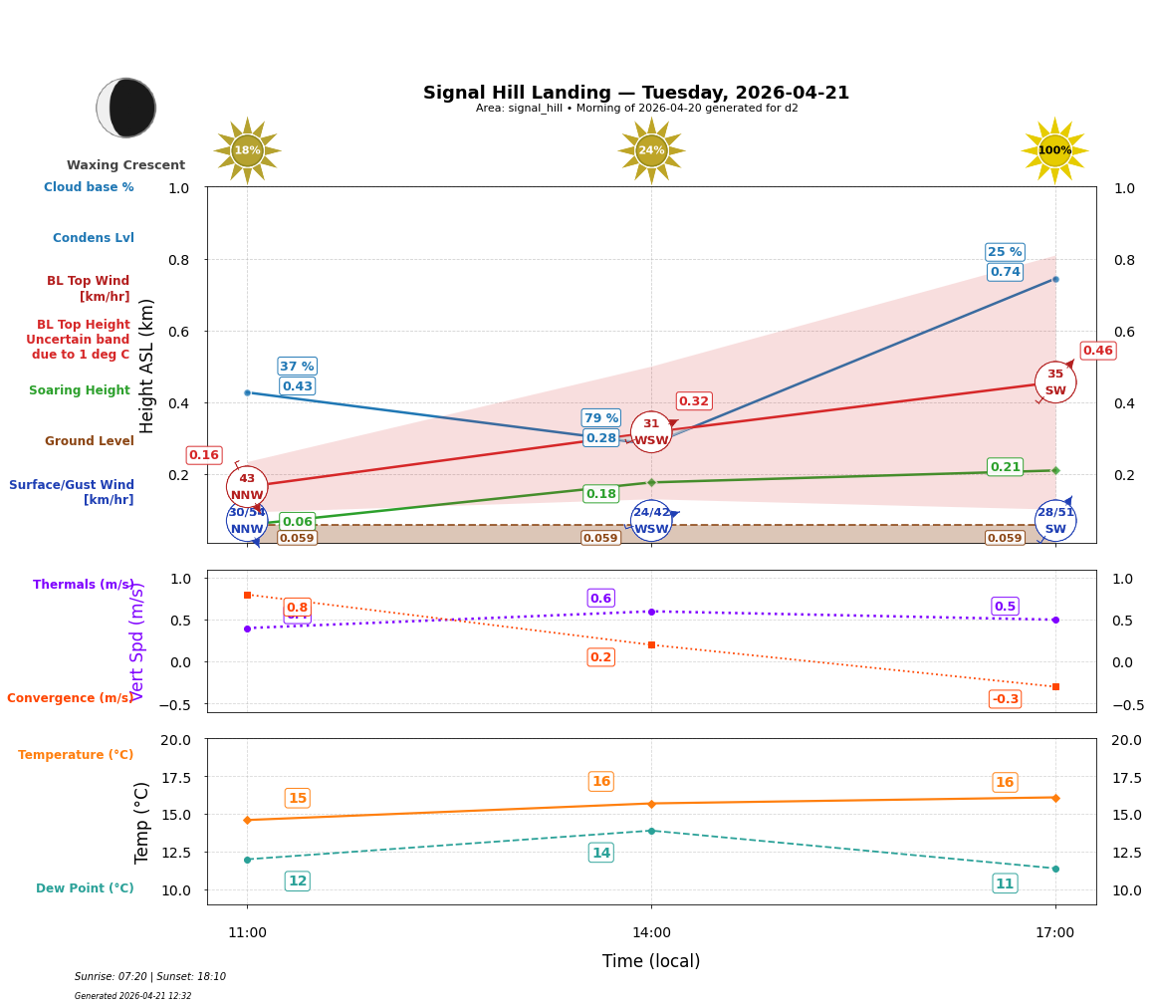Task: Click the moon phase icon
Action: point(126,108)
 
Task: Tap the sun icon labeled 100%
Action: point(1054,150)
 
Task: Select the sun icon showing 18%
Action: point(247,150)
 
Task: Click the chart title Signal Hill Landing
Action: point(636,93)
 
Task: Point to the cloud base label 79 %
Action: point(600,418)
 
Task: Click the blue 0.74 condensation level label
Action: point(1005,272)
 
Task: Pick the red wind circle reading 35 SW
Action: point(1054,382)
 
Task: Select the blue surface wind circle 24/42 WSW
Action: point(651,521)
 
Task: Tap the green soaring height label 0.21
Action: point(1005,467)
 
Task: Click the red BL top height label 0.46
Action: point(1097,351)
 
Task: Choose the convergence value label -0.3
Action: point(1005,699)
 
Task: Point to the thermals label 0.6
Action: point(600,599)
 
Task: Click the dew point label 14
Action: point(600,853)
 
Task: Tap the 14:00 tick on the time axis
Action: point(651,933)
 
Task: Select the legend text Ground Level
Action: point(89,441)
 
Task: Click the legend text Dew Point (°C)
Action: point(85,888)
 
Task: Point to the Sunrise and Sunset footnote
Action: point(150,977)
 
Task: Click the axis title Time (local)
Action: point(651,961)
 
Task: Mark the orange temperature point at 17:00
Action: point(1054,797)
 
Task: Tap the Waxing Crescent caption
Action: point(125,165)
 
